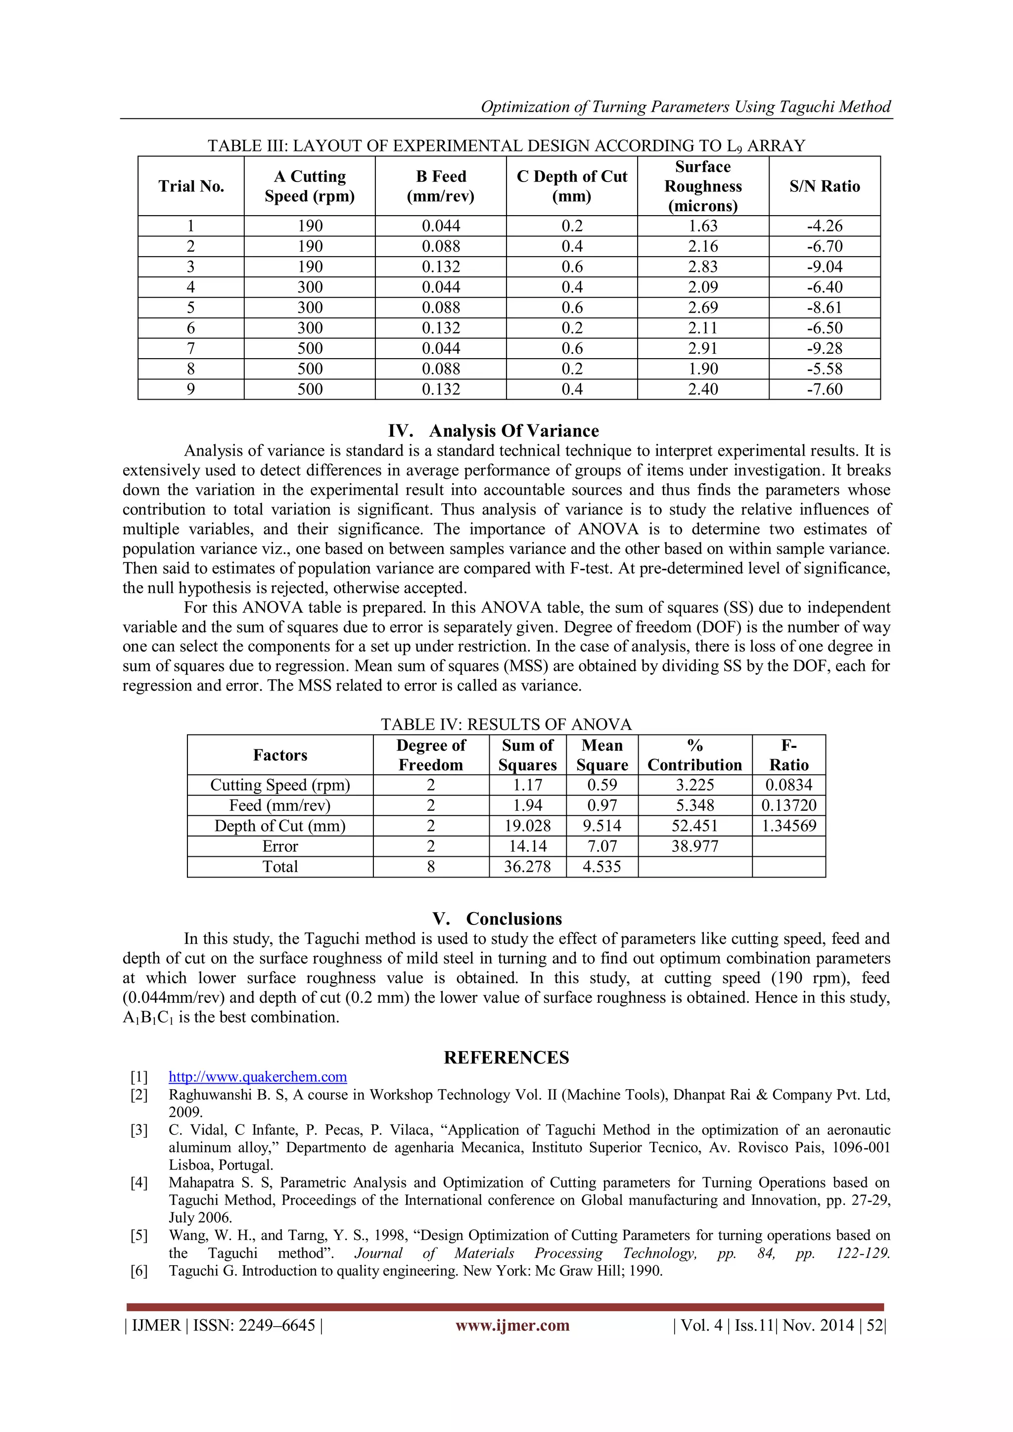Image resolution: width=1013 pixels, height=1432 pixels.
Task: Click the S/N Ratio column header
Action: coord(824,186)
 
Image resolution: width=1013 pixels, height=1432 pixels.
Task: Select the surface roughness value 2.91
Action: coord(702,348)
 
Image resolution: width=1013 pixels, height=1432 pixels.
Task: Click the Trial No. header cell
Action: coord(191,186)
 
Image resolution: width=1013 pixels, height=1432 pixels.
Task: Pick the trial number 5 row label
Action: coord(191,308)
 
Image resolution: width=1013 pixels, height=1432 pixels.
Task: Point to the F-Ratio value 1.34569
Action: coord(788,826)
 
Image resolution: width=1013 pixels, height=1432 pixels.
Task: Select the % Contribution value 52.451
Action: coord(694,826)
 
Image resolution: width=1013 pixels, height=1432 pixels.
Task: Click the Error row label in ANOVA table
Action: coord(280,846)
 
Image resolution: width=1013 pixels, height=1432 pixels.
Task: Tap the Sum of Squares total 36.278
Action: coord(527,866)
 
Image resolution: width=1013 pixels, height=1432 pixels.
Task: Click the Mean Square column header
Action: coord(602,755)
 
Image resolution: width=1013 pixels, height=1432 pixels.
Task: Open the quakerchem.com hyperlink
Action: coord(258,1076)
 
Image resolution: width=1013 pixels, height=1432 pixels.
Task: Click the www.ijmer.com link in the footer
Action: coord(512,1325)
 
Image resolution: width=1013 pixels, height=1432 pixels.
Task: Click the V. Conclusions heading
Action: coord(497,919)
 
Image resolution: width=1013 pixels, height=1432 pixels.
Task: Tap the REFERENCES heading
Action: coord(506,1057)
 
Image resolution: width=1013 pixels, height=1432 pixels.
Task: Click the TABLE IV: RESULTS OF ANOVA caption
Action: coord(506,724)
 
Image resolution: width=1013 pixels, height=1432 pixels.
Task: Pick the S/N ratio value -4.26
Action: coord(824,226)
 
